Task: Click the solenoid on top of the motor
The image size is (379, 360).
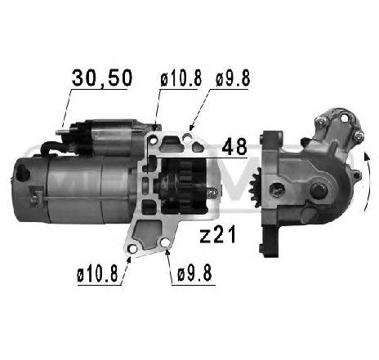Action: coord(106,136)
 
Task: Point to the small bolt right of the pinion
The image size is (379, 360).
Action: coord(214,192)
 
